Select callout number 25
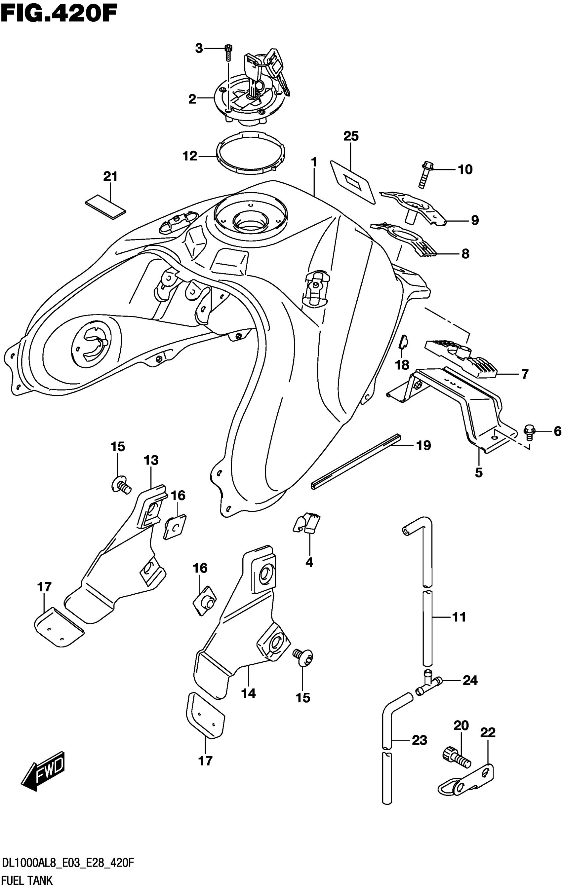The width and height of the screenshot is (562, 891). click(x=351, y=136)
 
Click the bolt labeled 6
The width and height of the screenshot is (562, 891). click(x=529, y=432)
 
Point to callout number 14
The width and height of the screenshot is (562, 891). click(x=248, y=693)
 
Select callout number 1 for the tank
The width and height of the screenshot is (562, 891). click(x=314, y=162)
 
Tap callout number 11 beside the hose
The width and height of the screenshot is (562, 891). click(x=459, y=617)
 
